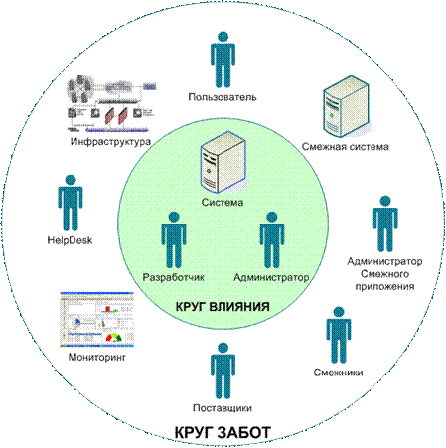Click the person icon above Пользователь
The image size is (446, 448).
pyautogui.click(x=223, y=60)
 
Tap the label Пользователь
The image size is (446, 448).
pyautogui.click(x=223, y=97)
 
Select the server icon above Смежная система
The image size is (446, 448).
pyautogui.click(x=346, y=106)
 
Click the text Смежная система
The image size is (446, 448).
pyautogui.click(x=346, y=147)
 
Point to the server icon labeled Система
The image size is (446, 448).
pyautogui.click(x=223, y=162)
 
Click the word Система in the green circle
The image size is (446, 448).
pyautogui.click(x=223, y=202)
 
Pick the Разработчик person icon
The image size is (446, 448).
pyautogui.click(x=174, y=240)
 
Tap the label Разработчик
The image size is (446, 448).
pyautogui.click(x=174, y=277)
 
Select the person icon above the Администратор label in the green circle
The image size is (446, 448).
pyautogui.click(x=272, y=240)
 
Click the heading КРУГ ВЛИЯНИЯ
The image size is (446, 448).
pyautogui.click(x=223, y=307)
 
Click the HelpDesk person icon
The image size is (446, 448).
pyautogui.click(x=71, y=203)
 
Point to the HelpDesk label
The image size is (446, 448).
pyautogui.click(x=70, y=240)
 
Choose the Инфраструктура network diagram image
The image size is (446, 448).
pyautogui.click(x=111, y=103)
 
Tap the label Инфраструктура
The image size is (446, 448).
pyautogui.click(x=110, y=142)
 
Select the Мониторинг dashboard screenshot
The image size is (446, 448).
pyautogui.click(x=96, y=320)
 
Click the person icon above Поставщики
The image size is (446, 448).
pyautogui.click(x=223, y=372)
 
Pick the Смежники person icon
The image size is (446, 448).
pyautogui.click(x=339, y=335)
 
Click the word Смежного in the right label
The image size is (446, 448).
pyautogui.click(x=384, y=274)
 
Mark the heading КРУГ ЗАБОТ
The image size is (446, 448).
pyautogui.click(x=223, y=433)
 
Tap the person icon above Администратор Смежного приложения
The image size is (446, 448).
pyautogui.click(x=385, y=224)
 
